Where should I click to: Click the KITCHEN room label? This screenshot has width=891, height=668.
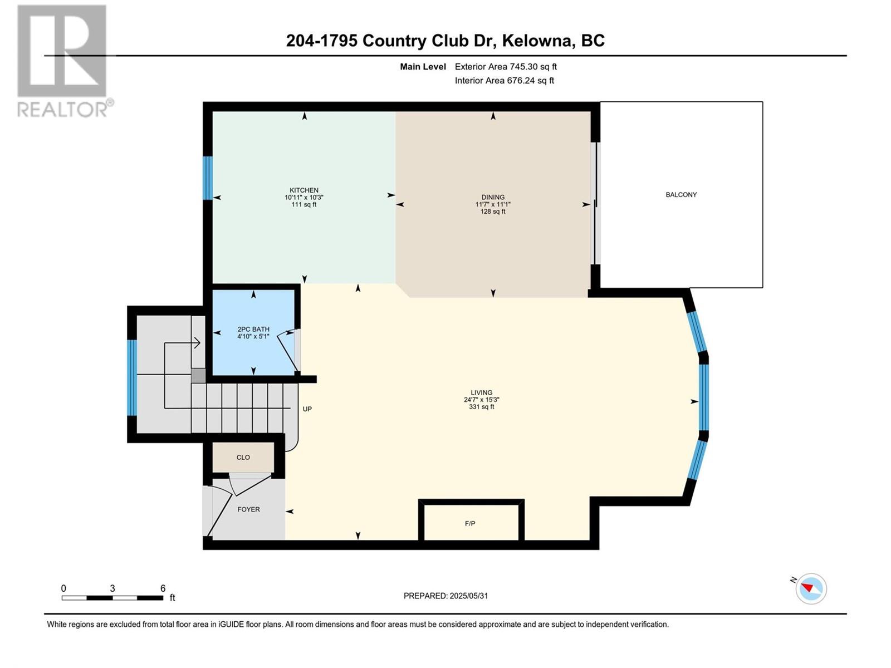pyautogui.click(x=303, y=190)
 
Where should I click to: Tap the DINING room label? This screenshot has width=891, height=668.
pyautogui.click(x=493, y=197)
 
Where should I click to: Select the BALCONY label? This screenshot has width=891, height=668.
pyautogui.click(x=681, y=195)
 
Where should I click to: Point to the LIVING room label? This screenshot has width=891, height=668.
pyautogui.click(x=481, y=392)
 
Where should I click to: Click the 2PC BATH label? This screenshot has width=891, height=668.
pyautogui.click(x=253, y=330)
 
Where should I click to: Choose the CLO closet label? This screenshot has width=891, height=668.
pyautogui.click(x=243, y=458)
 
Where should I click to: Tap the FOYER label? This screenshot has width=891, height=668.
pyautogui.click(x=248, y=509)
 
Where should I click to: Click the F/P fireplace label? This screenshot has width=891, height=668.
pyautogui.click(x=470, y=524)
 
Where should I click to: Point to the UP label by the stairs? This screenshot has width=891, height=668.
pyautogui.click(x=307, y=409)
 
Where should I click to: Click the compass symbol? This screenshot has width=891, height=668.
pyautogui.click(x=811, y=588)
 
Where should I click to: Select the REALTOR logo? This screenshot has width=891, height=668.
pyautogui.click(x=62, y=61)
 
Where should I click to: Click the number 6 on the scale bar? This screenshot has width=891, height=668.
pyautogui.click(x=163, y=588)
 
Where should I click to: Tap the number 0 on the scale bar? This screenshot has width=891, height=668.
pyautogui.click(x=63, y=588)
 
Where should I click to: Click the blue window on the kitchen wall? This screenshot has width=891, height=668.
pyautogui.click(x=208, y=178)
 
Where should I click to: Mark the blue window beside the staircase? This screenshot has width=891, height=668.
pyautogui.click(x=132, y=377)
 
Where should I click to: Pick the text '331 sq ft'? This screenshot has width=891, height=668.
pyautogui.click(x=481, y=407)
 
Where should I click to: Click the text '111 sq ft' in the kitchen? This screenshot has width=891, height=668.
pyautogui.click(x=303, y=205)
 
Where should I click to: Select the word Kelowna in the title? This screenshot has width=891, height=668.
pyautogui.click(x=538, y=41)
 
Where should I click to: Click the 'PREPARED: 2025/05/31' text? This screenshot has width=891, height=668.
pyautogui.click(x=445, y=596)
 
